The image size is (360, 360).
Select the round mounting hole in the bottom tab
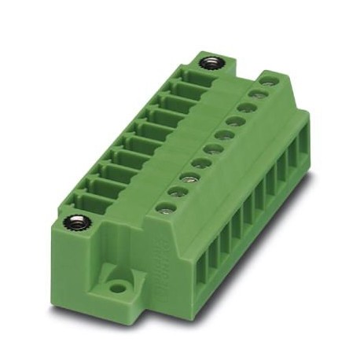118,287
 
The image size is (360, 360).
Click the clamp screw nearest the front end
165,208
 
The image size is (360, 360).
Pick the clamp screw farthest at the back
268,78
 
